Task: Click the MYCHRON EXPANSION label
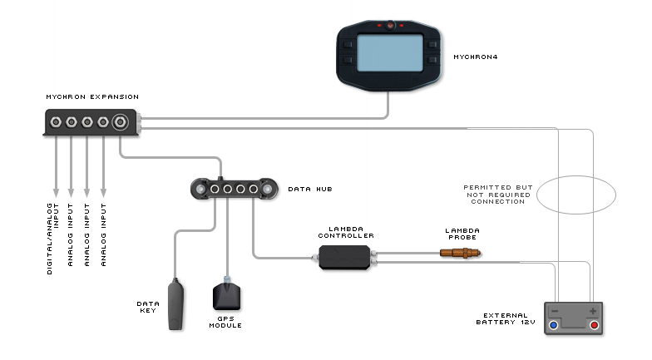(91, 97)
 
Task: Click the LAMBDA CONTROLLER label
(346, 233)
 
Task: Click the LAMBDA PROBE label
(461, 233)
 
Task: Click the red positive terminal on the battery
(594, 325)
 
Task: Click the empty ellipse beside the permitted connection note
(575, 195)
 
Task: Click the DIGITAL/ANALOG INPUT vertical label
(53, 238)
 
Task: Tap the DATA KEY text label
(148, 307)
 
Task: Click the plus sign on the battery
(592, 311)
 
